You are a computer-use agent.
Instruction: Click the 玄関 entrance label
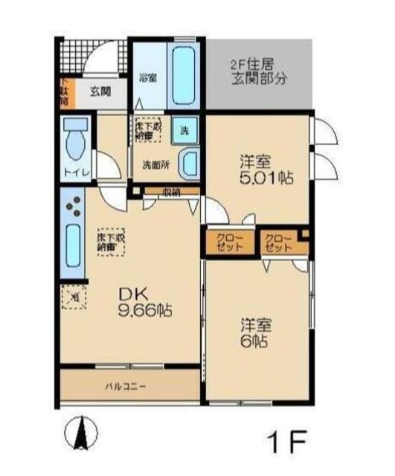coord(100,92)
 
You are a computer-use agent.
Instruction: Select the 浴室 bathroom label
coord(147,76)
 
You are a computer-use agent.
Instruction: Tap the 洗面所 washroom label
coord(155,164)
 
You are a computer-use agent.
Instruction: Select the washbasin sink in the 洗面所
coord(190,161)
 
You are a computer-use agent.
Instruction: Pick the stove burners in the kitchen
coord(73,207)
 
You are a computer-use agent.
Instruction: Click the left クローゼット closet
coord(228,242)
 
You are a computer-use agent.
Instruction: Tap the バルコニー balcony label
coord(124,387)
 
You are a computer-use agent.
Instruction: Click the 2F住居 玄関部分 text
coord(257,71)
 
